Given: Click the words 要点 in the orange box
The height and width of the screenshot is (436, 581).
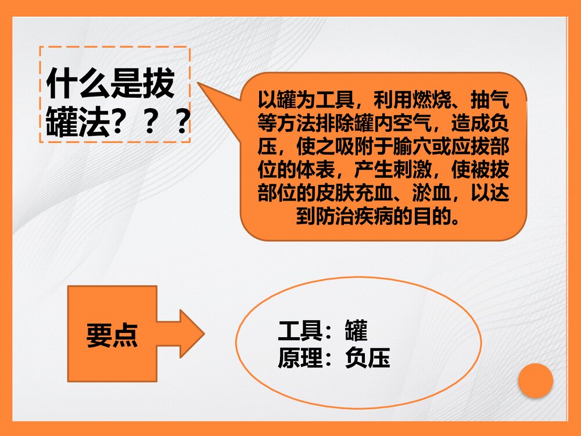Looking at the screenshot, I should pos(112,334).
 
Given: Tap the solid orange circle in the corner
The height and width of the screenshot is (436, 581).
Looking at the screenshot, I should pos(535,381).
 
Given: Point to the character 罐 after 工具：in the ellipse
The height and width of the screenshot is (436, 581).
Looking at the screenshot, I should pos(356,331).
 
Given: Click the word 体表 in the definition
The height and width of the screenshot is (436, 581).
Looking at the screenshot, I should pos(317,170).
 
